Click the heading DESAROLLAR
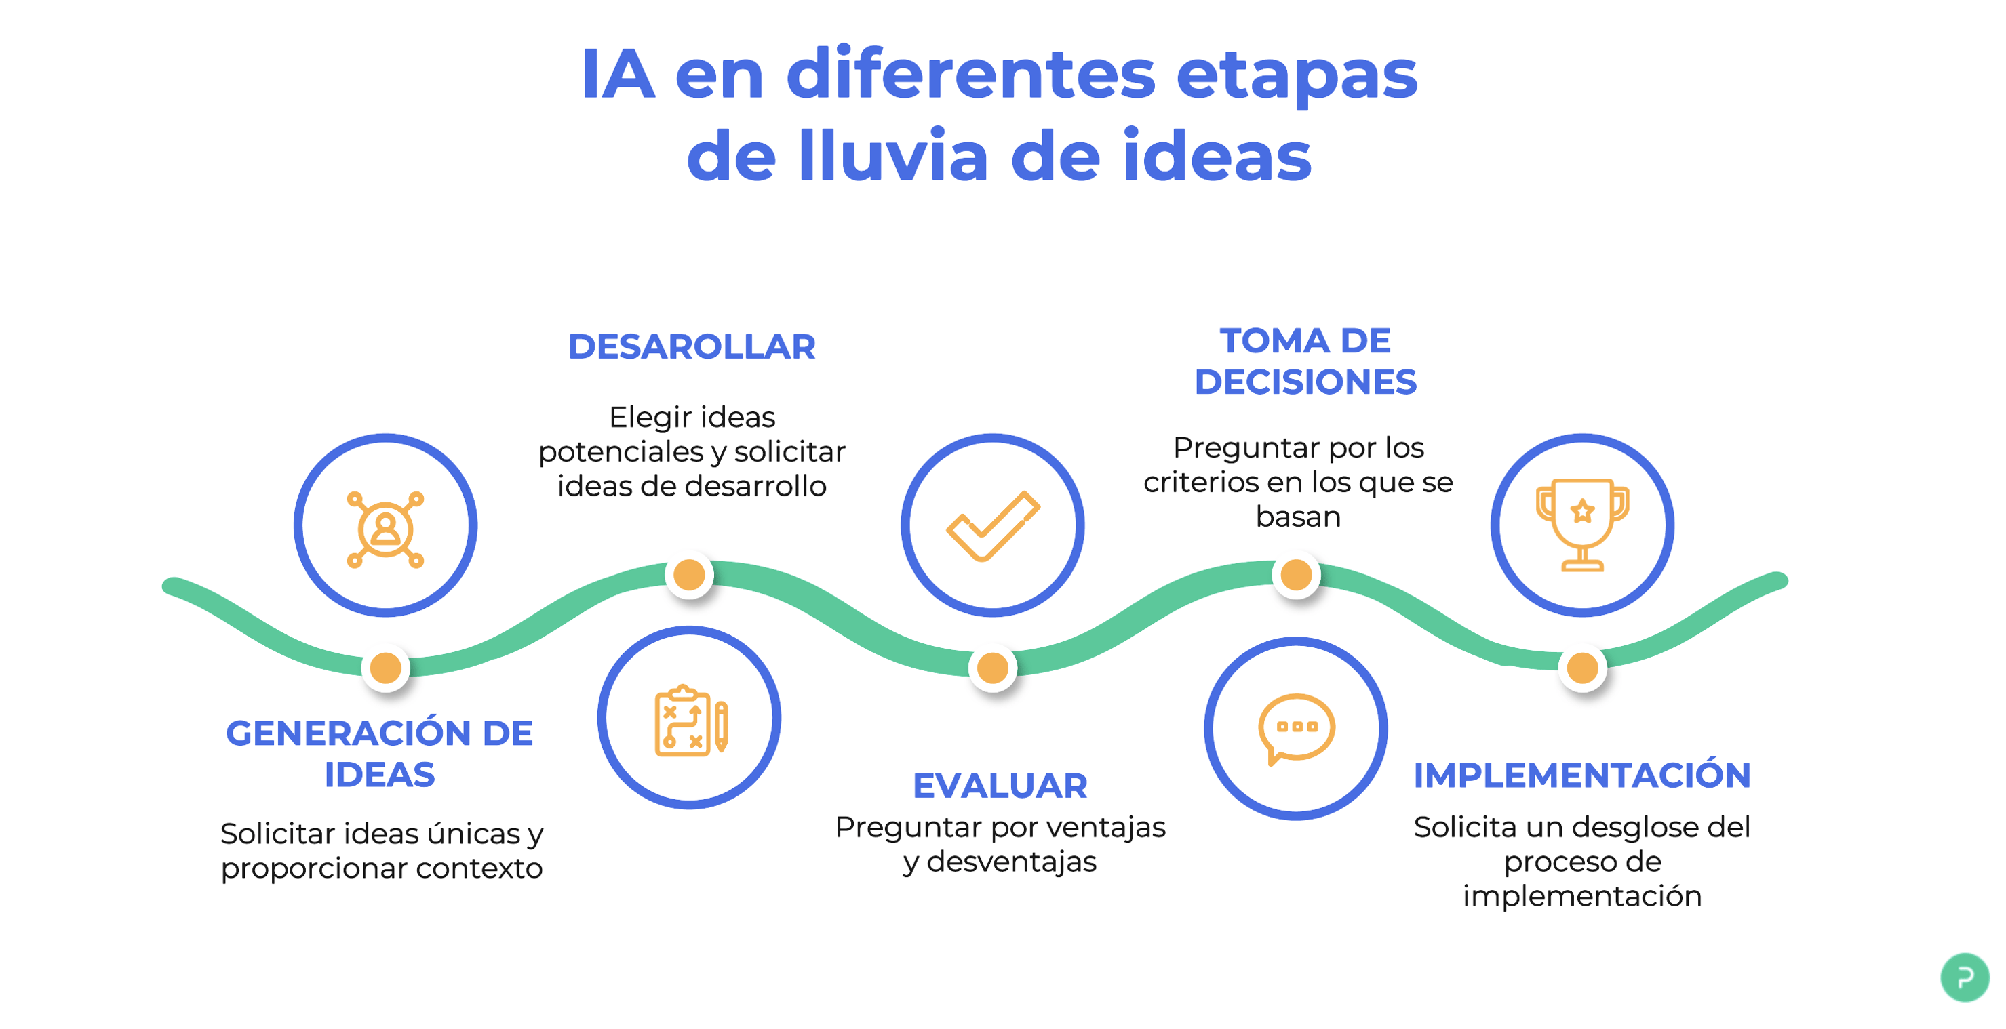[692, 346]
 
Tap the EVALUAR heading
[1000, 786]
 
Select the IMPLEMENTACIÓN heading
[1581, 775]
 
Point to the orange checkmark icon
[993, 526]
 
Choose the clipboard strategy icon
[692, 721]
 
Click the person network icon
[385, 529]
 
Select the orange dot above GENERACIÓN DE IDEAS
[385, 667]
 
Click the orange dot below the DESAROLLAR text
[689, 576]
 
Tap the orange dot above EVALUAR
[993, 667]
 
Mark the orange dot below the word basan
[1297, 576]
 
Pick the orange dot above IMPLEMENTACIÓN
[1582, 667]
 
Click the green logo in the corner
[1965, 977]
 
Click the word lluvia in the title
[894, 157]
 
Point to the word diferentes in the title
[971, 74]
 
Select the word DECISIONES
[1305, 382]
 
